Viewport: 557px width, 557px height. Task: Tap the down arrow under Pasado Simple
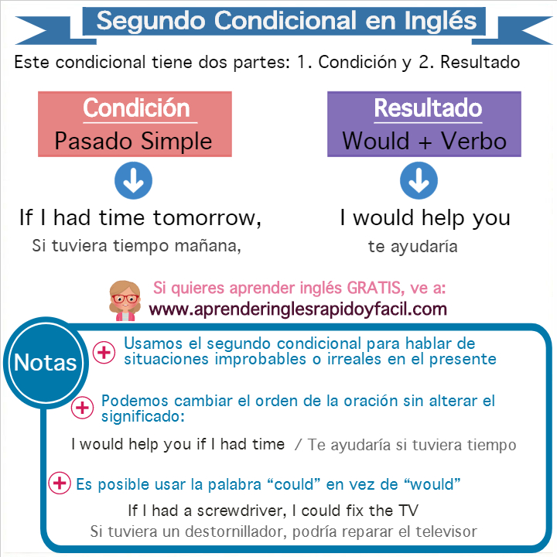click(x=133, y=180)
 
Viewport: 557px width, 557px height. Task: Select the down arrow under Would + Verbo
click(x=419, y=180)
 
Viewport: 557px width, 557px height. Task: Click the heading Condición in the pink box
click(x=136, y=108)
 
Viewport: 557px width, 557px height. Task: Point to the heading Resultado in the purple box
click(x=428, y=108)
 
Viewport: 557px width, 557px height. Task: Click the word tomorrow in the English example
click(x=207, y=217)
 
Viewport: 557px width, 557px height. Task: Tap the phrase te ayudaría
click(x=412, y=247)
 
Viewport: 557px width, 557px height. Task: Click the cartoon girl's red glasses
click(x=125, y=299)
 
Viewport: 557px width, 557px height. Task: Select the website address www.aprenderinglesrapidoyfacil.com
click(x=298, y=309)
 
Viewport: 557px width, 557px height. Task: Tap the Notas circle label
click(x=46, y=363)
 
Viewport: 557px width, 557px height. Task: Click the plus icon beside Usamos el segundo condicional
click(x=104, y=353)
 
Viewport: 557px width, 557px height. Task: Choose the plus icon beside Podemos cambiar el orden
click(x=83, y=408)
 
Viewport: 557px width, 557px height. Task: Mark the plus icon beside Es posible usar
click(x=60, y=483)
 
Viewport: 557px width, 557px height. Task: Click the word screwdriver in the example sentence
click(x=241, y=511)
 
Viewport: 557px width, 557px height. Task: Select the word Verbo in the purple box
click(x=474, y=142)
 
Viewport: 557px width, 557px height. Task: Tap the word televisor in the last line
click(x=446, y=531)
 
